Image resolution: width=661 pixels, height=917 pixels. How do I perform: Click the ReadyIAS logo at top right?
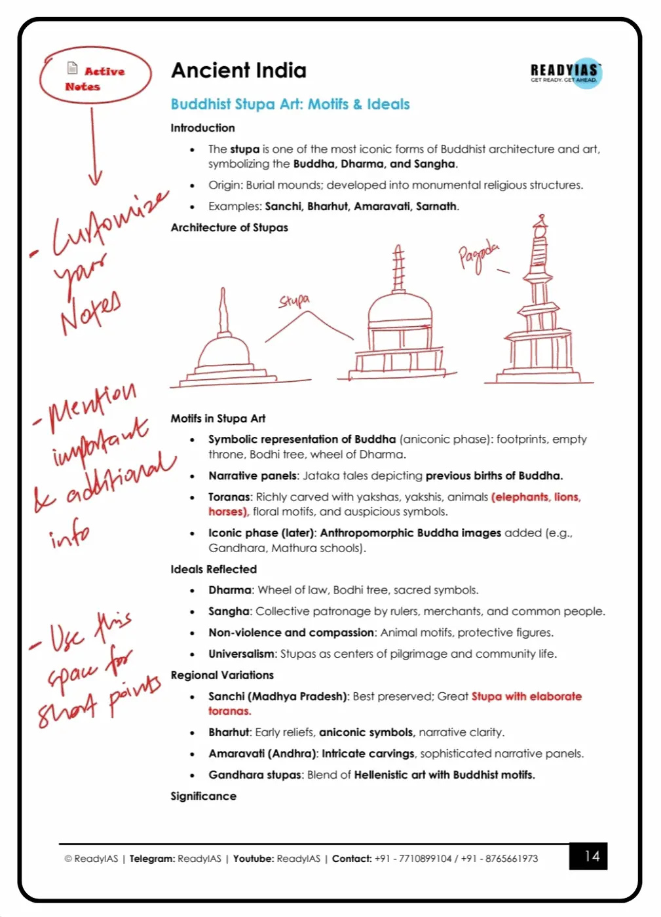(565, 73)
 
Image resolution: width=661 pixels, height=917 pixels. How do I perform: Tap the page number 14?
(591, 856)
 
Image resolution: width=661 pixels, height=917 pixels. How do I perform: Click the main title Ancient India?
(238, 71)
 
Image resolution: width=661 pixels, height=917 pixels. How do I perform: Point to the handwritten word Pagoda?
(478, 256)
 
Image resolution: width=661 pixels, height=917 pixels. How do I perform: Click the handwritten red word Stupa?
(293, 301)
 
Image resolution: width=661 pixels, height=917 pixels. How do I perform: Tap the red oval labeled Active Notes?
(95, 76)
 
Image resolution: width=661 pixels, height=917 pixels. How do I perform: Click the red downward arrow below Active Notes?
(94, 147)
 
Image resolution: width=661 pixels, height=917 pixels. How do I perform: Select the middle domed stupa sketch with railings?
(400, 321)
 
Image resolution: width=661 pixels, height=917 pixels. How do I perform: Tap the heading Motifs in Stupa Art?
(218, 419)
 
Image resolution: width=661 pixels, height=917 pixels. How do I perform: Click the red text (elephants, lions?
(535, 497)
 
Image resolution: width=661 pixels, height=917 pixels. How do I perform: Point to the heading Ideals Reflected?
(214, 569)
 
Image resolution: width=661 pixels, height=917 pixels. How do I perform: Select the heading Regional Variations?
(222, 675)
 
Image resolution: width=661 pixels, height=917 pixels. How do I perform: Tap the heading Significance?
(203, 796)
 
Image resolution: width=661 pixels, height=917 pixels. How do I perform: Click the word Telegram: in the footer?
(152, 859)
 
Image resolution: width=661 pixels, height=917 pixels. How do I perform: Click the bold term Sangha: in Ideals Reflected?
(229, 612)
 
